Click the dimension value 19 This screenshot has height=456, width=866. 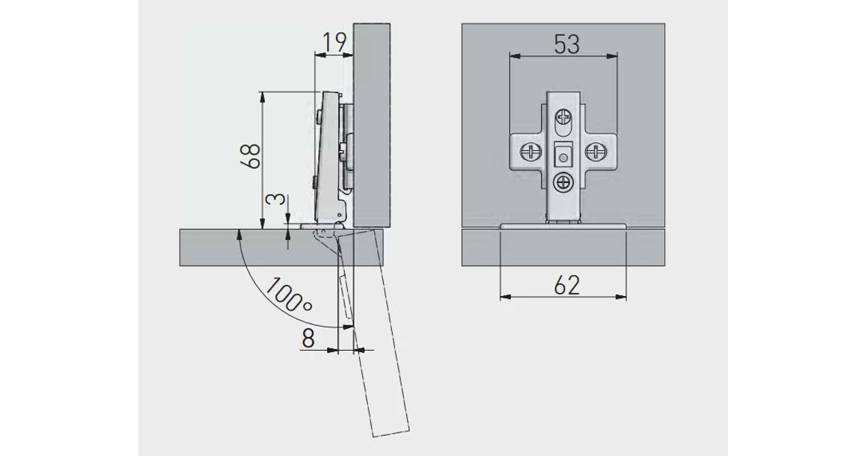click(x=335, y=42)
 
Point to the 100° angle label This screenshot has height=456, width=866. click(x=289, y=295)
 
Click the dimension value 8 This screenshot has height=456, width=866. click(x=308, y=338)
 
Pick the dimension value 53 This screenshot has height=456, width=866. click(x=567, y=44)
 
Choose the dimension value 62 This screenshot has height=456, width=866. click(x=567, y=286)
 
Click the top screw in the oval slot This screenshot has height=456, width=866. click(x=563, y=117)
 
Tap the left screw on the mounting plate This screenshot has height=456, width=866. click(x=529, y=151)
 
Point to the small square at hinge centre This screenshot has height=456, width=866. click(x=563, y=154)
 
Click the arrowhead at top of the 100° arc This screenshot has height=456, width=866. click(x=239, y=235)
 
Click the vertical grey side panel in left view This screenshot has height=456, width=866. click(x=371, y=125)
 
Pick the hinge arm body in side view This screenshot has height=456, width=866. click(x=330, y=158)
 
